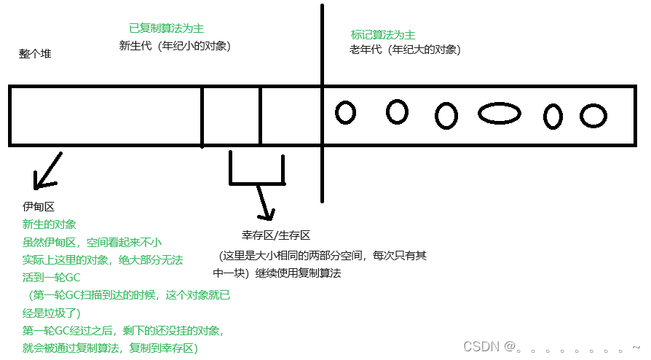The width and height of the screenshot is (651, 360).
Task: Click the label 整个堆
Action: (x=35, y=54)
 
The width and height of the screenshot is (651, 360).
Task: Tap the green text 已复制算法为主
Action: (x=166, y=28)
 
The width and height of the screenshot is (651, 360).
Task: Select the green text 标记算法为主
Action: (x=383, y=34)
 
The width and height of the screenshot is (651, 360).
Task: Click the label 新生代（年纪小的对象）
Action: (x=175, y=45)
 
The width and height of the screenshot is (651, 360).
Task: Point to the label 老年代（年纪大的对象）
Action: (x=405, y=50)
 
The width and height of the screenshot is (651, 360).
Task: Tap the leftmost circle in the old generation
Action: (x=345, y=112)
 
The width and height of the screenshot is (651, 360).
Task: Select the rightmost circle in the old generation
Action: (x=593, y=116)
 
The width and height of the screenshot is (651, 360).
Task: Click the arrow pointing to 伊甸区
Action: (x=47, y=171)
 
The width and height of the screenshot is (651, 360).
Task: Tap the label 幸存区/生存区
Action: (x=276, y=235)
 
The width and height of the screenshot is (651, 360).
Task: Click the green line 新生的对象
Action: (x=50, y=224)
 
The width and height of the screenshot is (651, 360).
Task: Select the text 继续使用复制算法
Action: (x=298, y=273)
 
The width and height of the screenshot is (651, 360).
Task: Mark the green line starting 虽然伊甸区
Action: (x=92, y=242)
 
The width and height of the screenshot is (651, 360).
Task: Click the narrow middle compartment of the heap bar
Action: (x=231, y=116)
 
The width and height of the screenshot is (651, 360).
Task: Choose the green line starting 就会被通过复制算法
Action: (x=109, y=348)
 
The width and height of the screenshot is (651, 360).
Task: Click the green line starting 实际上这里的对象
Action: (x=103, y=259)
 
